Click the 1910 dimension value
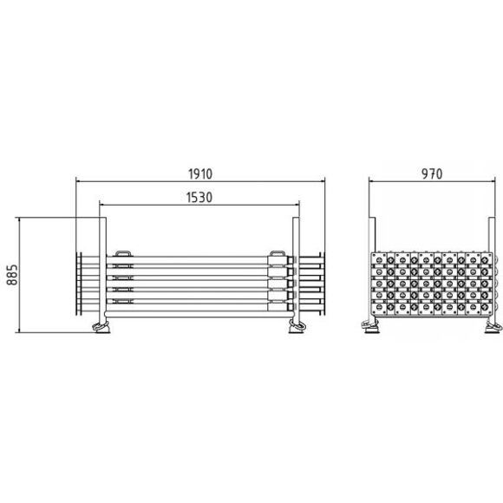(200, 173)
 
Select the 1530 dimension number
(199, 198)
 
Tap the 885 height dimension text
(12, 275)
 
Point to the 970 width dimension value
(432, 173)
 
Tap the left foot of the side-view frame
(101, 328)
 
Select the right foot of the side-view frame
(297, 327)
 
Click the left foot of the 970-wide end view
(370, 327)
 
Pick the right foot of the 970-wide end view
(493, 328)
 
